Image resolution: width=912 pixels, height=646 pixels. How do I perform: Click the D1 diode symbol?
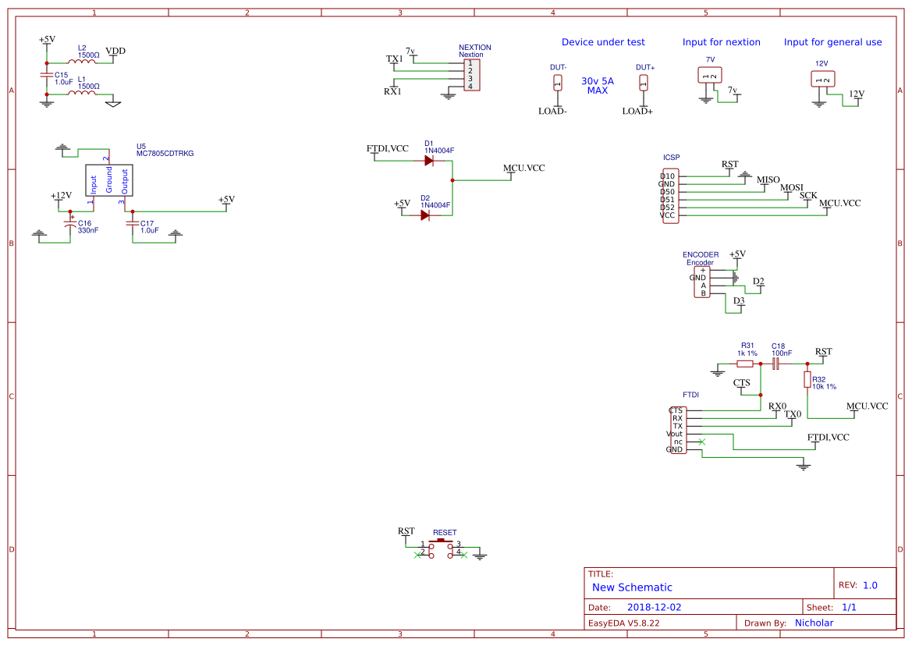coord(428,161)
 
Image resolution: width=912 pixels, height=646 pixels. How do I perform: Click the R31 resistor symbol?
coord(745,364)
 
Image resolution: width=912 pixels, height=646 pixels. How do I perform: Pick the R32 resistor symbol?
coord(807,379)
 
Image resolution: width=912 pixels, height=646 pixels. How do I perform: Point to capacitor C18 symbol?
coord(775,364)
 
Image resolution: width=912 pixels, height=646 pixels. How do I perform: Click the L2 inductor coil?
coord(82,62)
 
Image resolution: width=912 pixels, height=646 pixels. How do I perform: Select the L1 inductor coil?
coord(82,94)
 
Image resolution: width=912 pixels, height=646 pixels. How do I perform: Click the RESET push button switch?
coord(442,547)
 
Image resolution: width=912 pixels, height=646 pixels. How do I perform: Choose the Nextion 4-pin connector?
coord(471,75)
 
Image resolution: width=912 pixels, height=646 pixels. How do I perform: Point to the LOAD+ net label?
coord(637,112)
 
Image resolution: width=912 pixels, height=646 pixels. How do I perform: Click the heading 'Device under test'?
coord(603,42)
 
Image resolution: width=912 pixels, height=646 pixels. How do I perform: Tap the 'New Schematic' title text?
coord(632,587)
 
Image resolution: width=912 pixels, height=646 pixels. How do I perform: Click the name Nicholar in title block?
coord(814,623)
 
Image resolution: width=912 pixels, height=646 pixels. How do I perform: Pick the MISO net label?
coord(768,180)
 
